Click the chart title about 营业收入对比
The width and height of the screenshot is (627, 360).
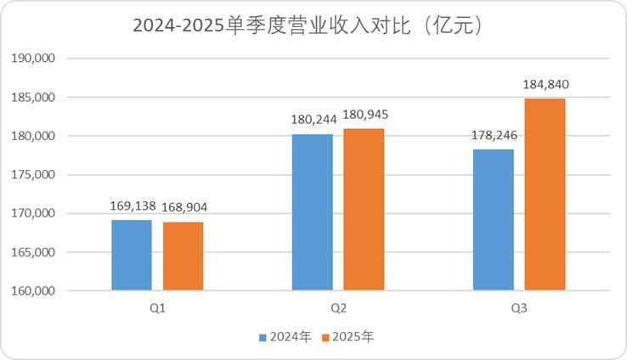[x=313, y=25]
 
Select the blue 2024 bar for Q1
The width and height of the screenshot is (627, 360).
[x=132, y=256]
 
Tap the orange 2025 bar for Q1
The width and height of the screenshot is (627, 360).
[x=183, y=256]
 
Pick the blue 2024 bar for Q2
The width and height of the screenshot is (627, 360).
[x=312, y=212]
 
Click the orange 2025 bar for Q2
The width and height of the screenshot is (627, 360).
[x=364, y=210]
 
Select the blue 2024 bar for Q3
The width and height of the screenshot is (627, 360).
[x=493, y=220]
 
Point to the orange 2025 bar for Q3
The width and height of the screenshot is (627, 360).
[x=545, y=194]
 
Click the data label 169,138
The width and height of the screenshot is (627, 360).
[x=132, y=206]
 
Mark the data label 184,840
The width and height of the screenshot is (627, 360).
[x=545, y=84]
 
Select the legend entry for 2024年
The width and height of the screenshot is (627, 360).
[x=285, y=337]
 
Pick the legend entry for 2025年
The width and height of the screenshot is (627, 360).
[x=348, y=337]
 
